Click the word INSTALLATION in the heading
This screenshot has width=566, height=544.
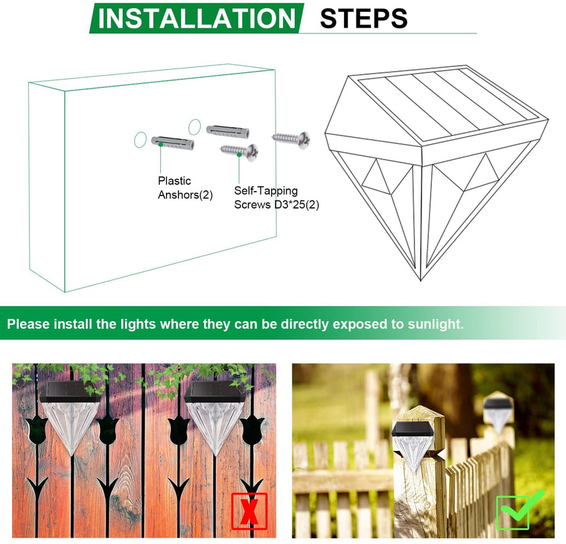197,18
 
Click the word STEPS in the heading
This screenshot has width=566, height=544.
364,19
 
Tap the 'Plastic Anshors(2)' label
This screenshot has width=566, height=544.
185,188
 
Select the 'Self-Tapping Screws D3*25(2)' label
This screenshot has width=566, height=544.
277,197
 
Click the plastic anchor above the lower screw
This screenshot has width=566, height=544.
228,131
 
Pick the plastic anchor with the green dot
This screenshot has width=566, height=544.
173,143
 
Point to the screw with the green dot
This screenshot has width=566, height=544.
240,151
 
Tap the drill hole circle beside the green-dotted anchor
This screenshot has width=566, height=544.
140,139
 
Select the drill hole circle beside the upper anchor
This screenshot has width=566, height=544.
194,127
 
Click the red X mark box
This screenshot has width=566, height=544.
249,511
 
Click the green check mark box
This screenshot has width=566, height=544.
518,510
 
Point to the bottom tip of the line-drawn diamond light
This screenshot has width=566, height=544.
421,280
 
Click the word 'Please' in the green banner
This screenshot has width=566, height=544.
28,324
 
